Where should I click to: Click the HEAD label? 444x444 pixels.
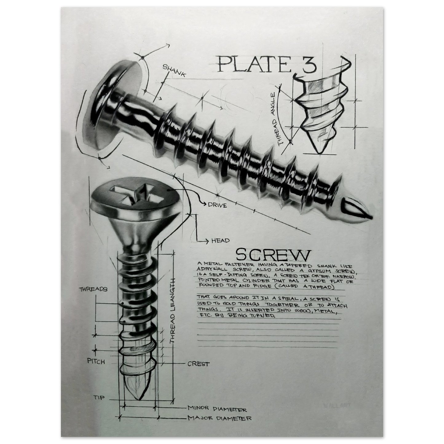tap(220, 241)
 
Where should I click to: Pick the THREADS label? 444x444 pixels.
tap(93, 289)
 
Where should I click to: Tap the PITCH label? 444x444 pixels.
tap(96, 362)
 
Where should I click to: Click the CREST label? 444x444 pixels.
tap(198, 364)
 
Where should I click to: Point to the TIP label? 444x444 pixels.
tap(99, 398)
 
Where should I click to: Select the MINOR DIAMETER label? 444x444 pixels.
tap(217, 410)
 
